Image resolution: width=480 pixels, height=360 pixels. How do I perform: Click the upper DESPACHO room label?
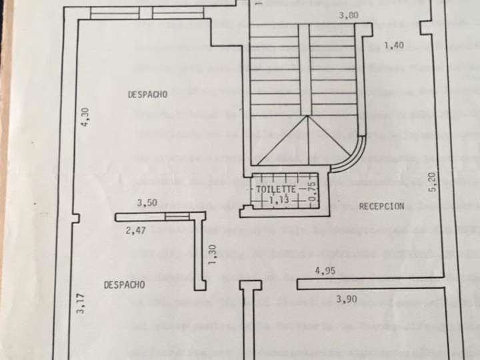click(x=147, y=95)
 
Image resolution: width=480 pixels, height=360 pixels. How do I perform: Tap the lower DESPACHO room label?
click(x=124, y=285)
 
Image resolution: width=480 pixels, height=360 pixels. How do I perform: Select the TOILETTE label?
click(x=276, y=190)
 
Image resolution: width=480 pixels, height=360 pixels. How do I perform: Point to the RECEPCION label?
click(x=381, y=207)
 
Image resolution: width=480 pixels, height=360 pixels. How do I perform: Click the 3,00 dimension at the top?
click(x=347, y=15)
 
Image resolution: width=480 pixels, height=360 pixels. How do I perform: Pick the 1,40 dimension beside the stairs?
click(x=395, y=45)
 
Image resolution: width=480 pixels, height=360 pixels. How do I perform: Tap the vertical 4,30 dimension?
click(x=85, y=118)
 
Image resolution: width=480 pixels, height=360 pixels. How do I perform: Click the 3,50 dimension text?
click(x=147, y=203)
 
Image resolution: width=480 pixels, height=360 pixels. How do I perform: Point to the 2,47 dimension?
click(x=135, y=231)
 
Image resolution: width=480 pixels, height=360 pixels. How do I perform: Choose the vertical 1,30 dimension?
click(x=213, y=255)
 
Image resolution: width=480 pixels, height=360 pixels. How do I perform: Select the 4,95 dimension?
click(x=324, y=271)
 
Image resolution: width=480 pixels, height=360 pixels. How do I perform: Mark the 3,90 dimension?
click(x=347, y=299)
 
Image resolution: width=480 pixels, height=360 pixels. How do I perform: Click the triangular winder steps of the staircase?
click(x=304, y=141)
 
